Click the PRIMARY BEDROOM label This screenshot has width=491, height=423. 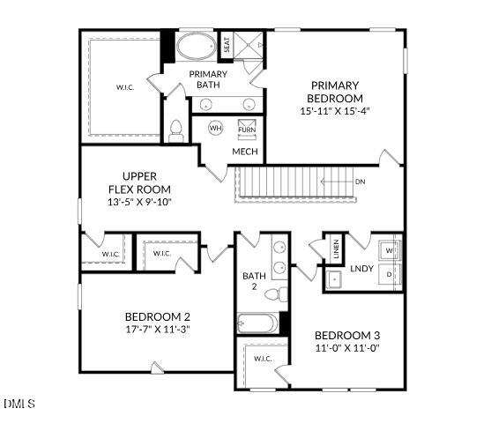(x=335, y=92)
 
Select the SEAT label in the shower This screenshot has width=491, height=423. (x=227, y=45)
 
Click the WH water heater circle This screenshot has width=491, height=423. (x=216, y=129)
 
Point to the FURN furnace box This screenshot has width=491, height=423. (x=248, y=130)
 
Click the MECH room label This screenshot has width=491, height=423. (x=244, y=152)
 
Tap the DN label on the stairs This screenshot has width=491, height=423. (x=360, y=182)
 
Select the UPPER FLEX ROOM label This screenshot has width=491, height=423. (x=139, y=182)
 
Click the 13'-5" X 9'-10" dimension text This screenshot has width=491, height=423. (x=139, y=202)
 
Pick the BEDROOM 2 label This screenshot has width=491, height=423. (x=157, y=316)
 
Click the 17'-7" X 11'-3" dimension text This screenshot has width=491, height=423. (x=157, y=329)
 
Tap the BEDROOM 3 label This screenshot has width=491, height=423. (x=347, y=335)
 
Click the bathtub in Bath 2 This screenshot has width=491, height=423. (x=257, y=323)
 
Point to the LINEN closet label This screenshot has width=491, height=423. (x=336, y=249)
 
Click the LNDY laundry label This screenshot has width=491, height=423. (x=361, y=269)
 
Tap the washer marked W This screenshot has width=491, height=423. (x=391, y=250)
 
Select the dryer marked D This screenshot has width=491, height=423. (x=391, y=276)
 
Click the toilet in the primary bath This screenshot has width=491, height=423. (x=175, y=130)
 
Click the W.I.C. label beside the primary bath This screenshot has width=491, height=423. (x=124, y=87)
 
